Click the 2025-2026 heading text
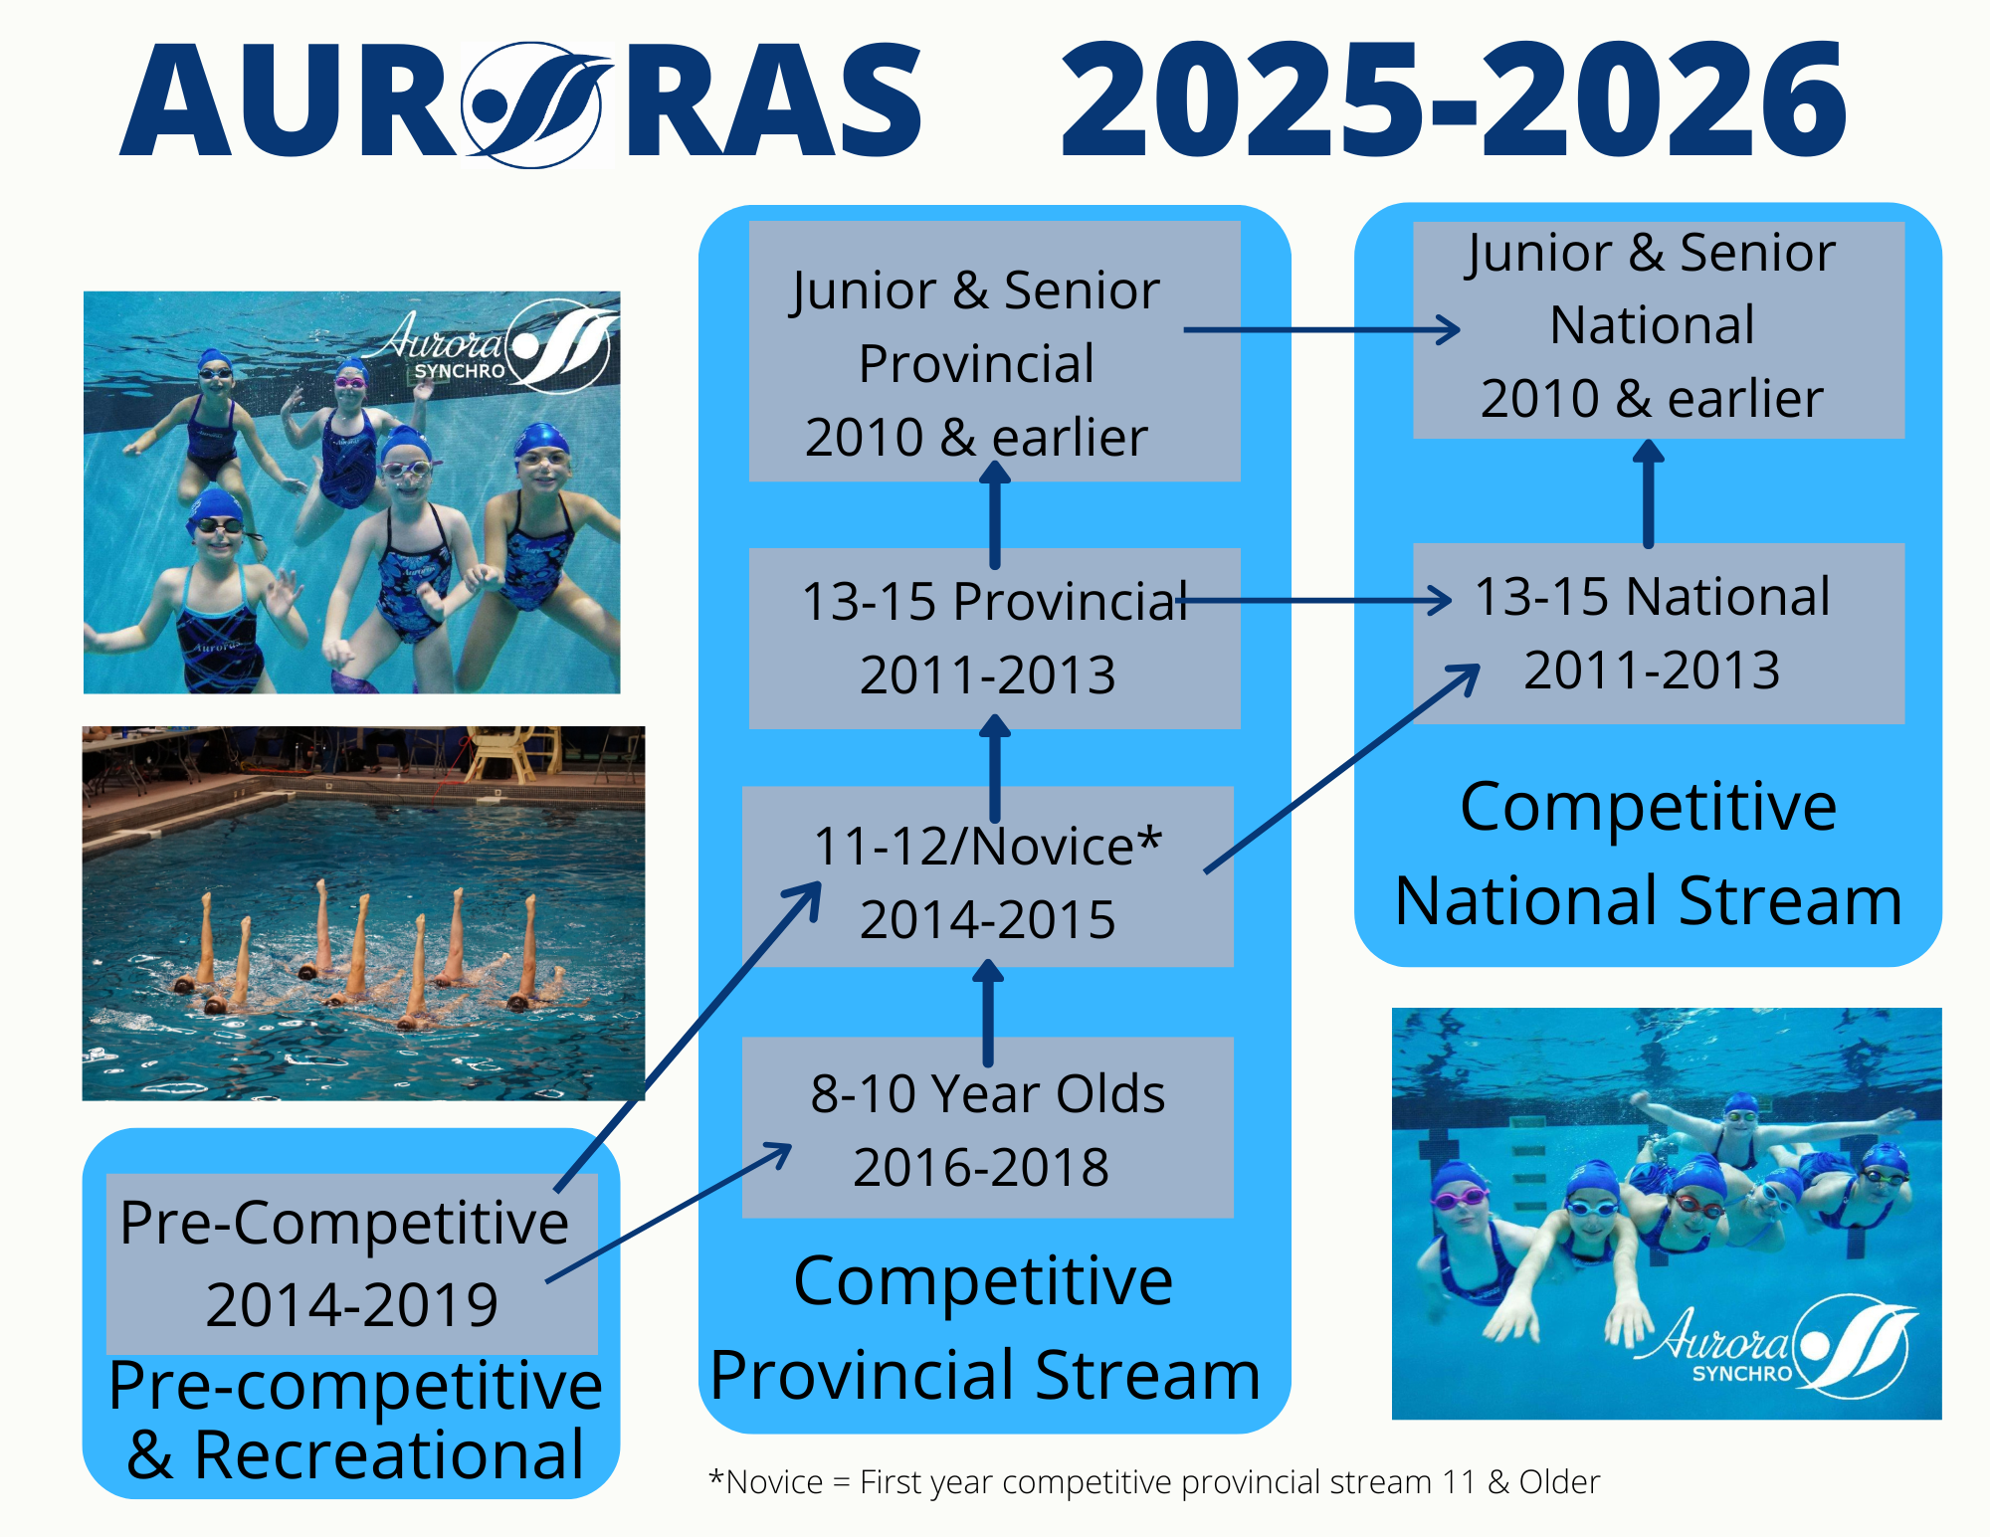click(1454, 99)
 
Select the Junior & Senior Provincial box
click(994, 351)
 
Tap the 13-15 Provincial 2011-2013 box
click(994, 639)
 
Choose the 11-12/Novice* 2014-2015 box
click(988, 876)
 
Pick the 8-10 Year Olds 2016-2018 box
click(988, 1127)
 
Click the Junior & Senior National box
click(1659, 329)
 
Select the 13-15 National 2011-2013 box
click(1659, 633)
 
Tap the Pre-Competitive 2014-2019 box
click(352, 1263)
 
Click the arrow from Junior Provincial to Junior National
click(1321, 329)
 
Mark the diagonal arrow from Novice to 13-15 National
click(1342, 769)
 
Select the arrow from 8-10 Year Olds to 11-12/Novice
click(988, 1013)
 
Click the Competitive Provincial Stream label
click(985, 1327)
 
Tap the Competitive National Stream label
click(1649, 853)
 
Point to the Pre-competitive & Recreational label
click(355, 1420)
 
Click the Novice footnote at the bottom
click(1154, 1481)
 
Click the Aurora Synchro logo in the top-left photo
click(492, 345)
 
